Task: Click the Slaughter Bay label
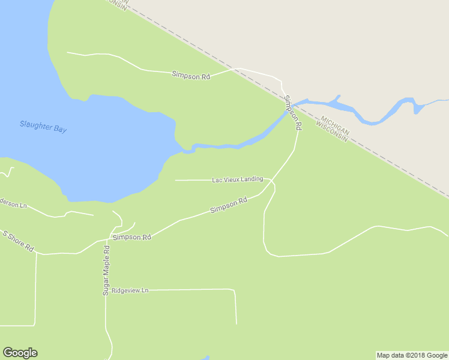[x=43, y=127]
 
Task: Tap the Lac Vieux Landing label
[x=237, y=179]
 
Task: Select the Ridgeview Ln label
[x=130, y=290]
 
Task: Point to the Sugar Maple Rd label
[x=106, y=270]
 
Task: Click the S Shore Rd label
[x=18, y=241]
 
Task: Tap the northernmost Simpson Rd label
[x=191, y=76]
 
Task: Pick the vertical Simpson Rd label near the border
[x=293, y=113]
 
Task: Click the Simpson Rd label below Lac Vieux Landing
[x=229, y=205]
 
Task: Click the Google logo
[x=20, y=353]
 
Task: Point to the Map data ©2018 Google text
[x=412, y=355]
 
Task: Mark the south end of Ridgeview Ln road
[x=236, y=323]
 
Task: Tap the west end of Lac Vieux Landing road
[x=175, y=180]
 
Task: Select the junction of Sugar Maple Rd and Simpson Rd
[x=110, y=234]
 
